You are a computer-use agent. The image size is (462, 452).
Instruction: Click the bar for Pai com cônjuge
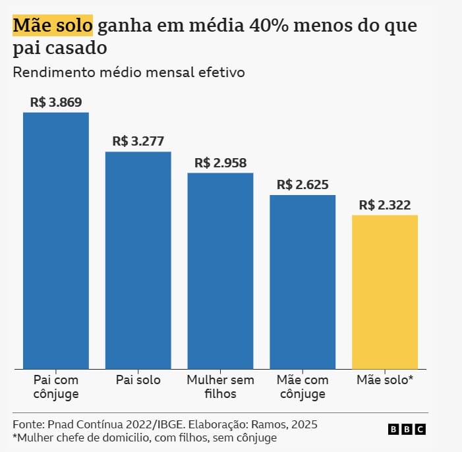coord(56,240)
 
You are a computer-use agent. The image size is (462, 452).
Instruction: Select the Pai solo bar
coord(138,260)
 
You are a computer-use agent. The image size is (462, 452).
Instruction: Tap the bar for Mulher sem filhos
coord(220,270)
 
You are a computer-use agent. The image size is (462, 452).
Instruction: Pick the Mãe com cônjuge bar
coord(303,281)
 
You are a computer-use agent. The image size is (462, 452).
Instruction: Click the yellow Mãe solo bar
coord(385,292)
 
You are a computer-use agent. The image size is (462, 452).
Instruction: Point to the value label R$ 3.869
coord(56,102)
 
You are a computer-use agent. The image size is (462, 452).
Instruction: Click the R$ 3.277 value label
coord(138,141)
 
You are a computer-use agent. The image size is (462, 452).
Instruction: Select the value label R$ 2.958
coord(220,163)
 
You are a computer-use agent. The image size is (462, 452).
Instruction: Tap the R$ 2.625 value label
coord(303,184)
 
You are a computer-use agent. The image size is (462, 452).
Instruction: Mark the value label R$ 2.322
coord(385,205)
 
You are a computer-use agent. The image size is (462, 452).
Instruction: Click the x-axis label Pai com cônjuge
coord(56,387)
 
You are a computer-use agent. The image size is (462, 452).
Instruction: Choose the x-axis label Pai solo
coord(138,380)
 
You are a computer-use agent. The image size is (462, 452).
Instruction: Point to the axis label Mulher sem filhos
coord(220,387)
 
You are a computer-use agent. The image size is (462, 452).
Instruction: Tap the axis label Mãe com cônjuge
coord(303,387)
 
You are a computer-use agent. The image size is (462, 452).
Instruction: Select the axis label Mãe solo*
coord(385,380)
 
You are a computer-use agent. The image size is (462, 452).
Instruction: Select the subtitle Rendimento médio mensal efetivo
coord(129,72)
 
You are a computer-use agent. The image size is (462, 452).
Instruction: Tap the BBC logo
coord(407,429)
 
